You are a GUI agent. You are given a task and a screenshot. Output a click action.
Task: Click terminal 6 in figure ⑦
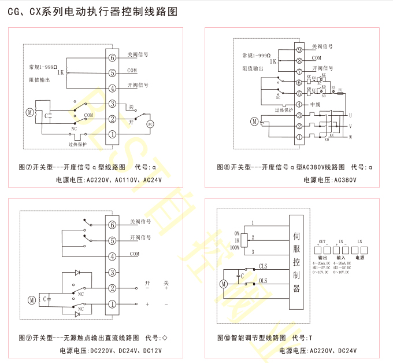click(x=112, y=56)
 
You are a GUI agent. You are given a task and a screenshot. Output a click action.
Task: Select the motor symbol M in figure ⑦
click(x=30, y=112)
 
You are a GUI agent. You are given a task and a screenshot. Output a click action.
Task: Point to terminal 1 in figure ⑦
click(x=112, y=134)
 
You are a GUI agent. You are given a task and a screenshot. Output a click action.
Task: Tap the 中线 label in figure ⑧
click(x=315, y=104)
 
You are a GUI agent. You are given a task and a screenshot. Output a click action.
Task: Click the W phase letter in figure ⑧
click(x=350, y=137)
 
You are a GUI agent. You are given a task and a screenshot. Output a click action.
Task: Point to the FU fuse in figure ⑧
click(x=341, y=92)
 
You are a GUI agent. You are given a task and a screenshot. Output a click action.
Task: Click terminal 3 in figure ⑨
click(x=112, y=272)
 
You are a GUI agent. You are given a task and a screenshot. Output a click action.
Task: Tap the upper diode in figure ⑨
click(x=77, y=272)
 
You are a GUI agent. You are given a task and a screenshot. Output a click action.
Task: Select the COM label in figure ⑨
click(x=134, y=254)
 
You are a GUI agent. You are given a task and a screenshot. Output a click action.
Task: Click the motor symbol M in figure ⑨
click(x=32, y=299)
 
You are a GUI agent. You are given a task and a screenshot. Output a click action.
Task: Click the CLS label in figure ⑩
click(x=263, y=266)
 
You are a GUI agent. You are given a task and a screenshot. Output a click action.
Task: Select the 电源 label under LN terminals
click(x=359, y=257)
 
